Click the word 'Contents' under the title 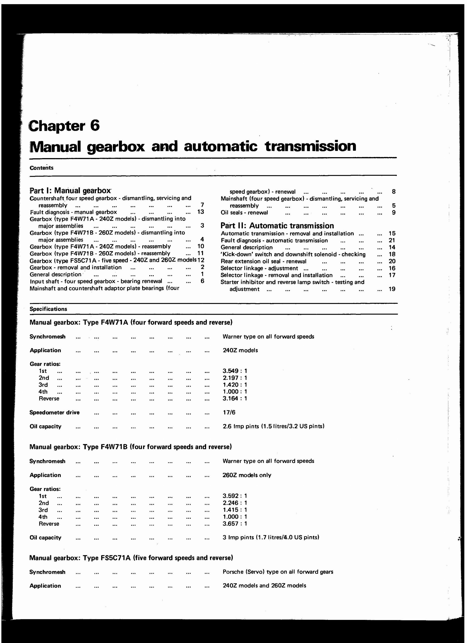pos(41,168)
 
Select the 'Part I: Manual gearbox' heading pos(70,191)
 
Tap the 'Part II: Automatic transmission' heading pos(277,226)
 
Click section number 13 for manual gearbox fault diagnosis pos(201,212)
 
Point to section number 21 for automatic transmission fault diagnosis pos(392,240)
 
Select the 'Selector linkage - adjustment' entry pos(259,268)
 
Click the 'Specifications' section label pos(48,309)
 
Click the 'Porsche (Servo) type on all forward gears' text pos(278,572)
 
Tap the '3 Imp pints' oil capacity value pos(271,537)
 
